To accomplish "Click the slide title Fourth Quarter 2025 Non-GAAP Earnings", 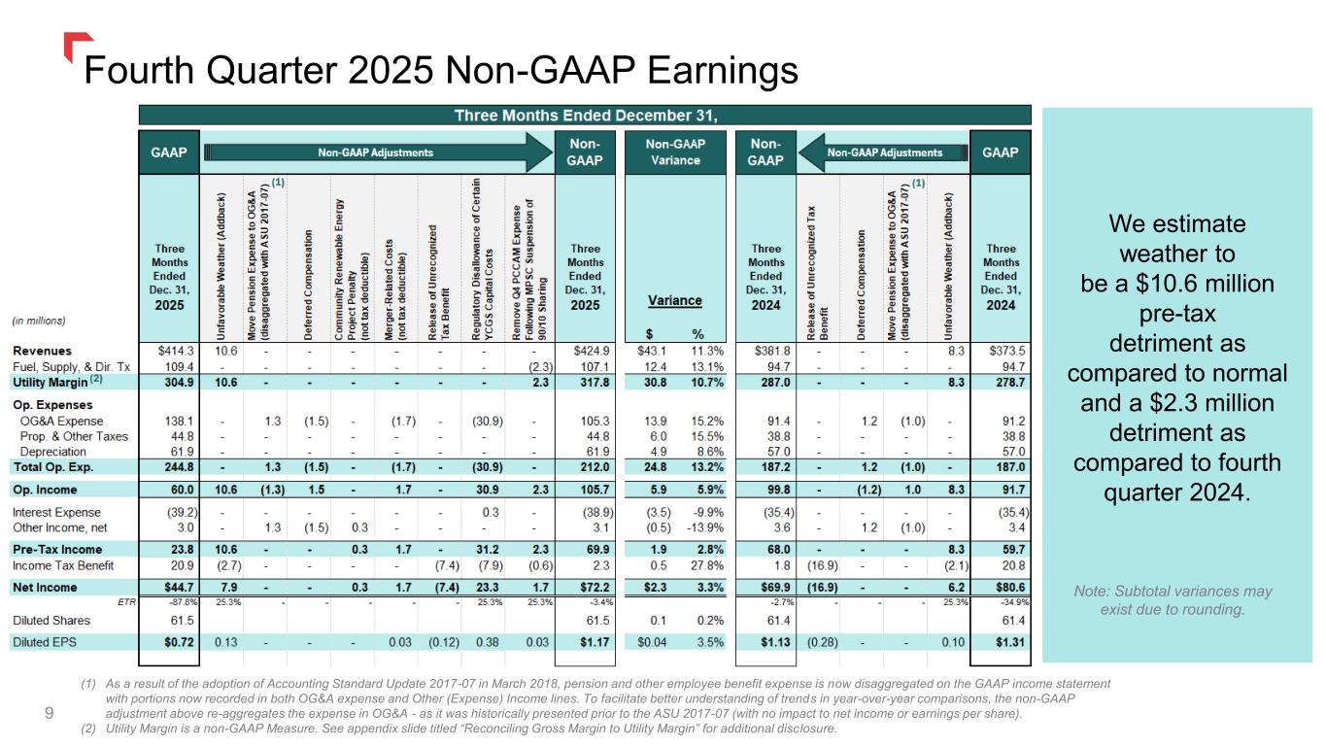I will (441, 70).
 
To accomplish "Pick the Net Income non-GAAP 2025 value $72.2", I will (591, 587).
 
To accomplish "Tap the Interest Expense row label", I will (56, 512).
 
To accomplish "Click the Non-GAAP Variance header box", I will (676, 153).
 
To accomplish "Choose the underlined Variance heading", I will (675, 301).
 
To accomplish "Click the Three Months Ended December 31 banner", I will (585, 116).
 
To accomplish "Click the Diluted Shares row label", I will (51, 620).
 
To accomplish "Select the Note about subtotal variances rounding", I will (1173, 600).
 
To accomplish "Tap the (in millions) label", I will (40, 319).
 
